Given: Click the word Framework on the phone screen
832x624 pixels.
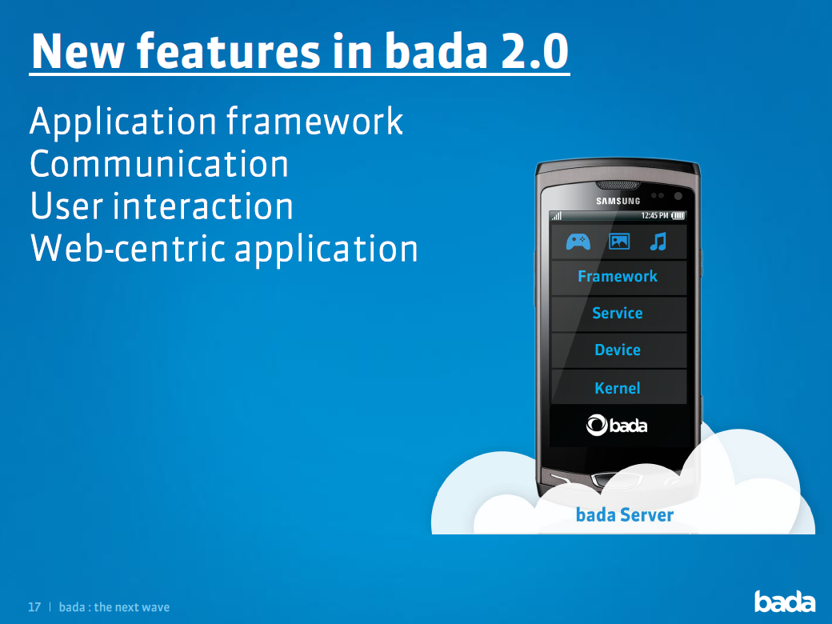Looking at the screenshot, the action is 617,277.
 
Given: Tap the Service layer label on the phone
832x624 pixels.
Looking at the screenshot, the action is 617,313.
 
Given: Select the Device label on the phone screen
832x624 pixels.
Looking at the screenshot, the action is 617,350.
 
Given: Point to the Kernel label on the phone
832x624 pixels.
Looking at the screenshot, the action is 617,388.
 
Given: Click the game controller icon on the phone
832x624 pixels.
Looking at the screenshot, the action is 578,242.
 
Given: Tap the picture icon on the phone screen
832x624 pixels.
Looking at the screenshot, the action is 619,242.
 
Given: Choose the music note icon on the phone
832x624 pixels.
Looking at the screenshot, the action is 658,242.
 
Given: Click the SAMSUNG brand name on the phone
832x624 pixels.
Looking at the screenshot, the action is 618,201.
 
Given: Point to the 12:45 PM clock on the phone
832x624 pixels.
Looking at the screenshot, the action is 654,215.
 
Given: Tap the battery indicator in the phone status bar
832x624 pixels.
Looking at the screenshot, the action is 678,215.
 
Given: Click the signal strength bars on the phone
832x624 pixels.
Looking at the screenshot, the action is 557,216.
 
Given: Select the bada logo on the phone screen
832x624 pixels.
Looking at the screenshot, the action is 617,425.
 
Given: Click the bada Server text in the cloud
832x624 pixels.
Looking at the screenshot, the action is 625,514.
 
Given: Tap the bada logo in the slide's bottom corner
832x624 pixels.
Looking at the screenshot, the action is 785,601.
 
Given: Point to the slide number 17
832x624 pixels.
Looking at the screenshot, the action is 34,607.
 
